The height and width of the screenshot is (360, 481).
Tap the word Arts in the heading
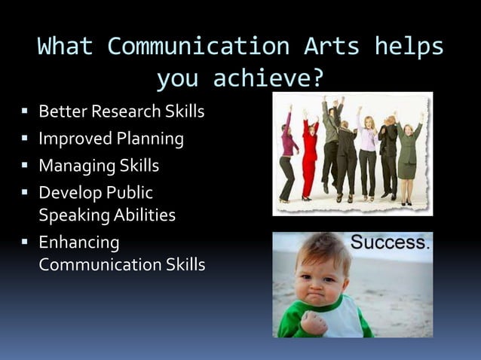[329, 47]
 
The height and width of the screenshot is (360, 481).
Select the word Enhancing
[79, 243]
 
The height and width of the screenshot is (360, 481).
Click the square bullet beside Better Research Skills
[25, 113]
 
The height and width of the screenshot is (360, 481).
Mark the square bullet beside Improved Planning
[25, 139]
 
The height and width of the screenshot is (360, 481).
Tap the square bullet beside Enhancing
[25, 243]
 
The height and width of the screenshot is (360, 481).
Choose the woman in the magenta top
[288, 154]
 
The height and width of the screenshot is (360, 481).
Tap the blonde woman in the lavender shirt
[367, 151]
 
